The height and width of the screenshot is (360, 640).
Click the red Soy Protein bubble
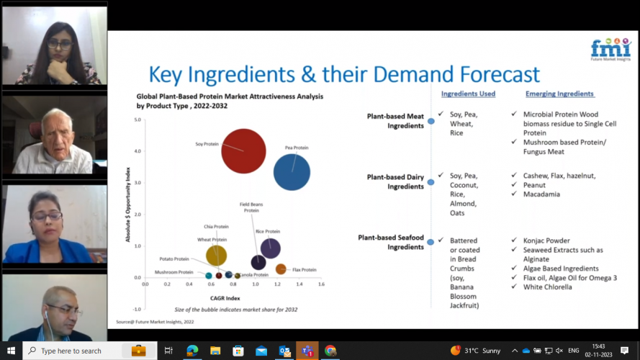pyautogui.click(x=244, y=151)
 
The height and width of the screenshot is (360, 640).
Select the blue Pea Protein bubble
pyautogui.click(x=292, y=172)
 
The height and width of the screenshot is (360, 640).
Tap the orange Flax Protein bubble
pyautogui.click(x=281, y=269)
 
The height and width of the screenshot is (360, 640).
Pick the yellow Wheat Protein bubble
pyautogui.click(x=216, y=255)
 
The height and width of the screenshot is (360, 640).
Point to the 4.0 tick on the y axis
pyautogui.click(x=137, y=151)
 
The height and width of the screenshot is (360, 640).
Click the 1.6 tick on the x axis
pyautogui.click(x=321, y=284)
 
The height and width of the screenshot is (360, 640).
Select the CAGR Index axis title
pyautogui.click(x=225, y=297)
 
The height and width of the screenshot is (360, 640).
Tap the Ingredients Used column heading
pyautogui.click(x=468, y=94)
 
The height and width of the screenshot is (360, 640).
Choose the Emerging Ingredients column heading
pyautogui.click(x=559, y=94)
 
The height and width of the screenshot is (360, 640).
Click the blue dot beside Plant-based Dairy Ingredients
pyautogui.click(x=431, y=182)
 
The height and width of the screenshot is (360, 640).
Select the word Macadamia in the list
pyautogui.click(x=541, y=194)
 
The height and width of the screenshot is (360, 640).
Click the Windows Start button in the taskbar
pyautogui.click(x=11, y=351)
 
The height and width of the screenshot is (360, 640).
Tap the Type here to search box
pyautogui.click(x=72, y=351)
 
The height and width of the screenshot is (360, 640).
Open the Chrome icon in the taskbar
pyautogui.click(x=330, y=351)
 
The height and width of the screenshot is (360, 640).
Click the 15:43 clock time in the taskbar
pyautogui.click(x=599, y=346)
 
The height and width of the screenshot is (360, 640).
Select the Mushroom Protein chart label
pyautogui.click(x=174, y=272)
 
